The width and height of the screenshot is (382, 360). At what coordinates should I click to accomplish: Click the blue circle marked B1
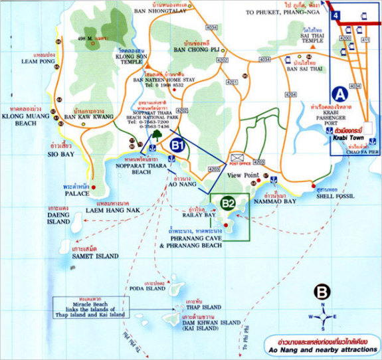pyautogui.click(x=177, y=144)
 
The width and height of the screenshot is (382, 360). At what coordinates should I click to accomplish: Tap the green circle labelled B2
pyautogui.click(x=228, y=203)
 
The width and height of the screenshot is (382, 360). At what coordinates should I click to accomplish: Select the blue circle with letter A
pyautogui.click(x=339, y=94)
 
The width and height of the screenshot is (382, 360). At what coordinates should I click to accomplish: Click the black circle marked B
pyautogui.click(x=322, y=291)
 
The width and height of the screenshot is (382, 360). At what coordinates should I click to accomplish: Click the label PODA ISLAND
pyautogui.click(x=147, y=289)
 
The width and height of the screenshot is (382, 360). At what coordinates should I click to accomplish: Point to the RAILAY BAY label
pyautogui.click(x=199, y=215)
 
